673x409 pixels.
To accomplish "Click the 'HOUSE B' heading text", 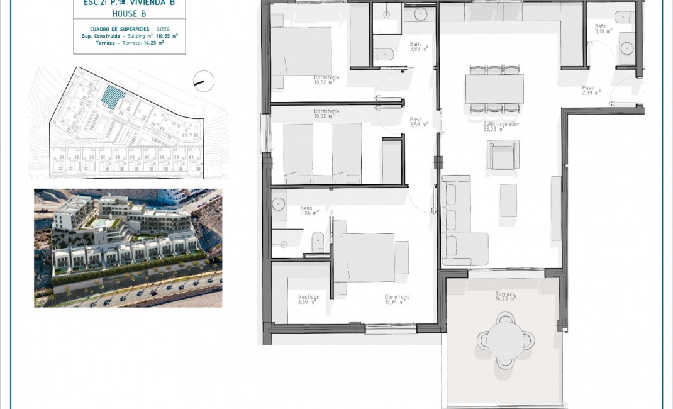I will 129,13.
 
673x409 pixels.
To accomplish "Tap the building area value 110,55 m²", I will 164,36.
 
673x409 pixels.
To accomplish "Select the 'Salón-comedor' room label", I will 493,126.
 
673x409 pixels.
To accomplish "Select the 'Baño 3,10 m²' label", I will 601,28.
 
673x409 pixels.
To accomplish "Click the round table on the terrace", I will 506,340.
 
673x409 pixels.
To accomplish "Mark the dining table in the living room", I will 494,89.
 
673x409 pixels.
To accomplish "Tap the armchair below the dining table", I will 503,155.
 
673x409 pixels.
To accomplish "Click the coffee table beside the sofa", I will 508,200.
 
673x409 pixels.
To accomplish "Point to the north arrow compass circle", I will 204,81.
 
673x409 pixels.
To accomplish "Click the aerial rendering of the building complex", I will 128,247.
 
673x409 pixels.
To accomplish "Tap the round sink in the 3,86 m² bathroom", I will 278,204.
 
